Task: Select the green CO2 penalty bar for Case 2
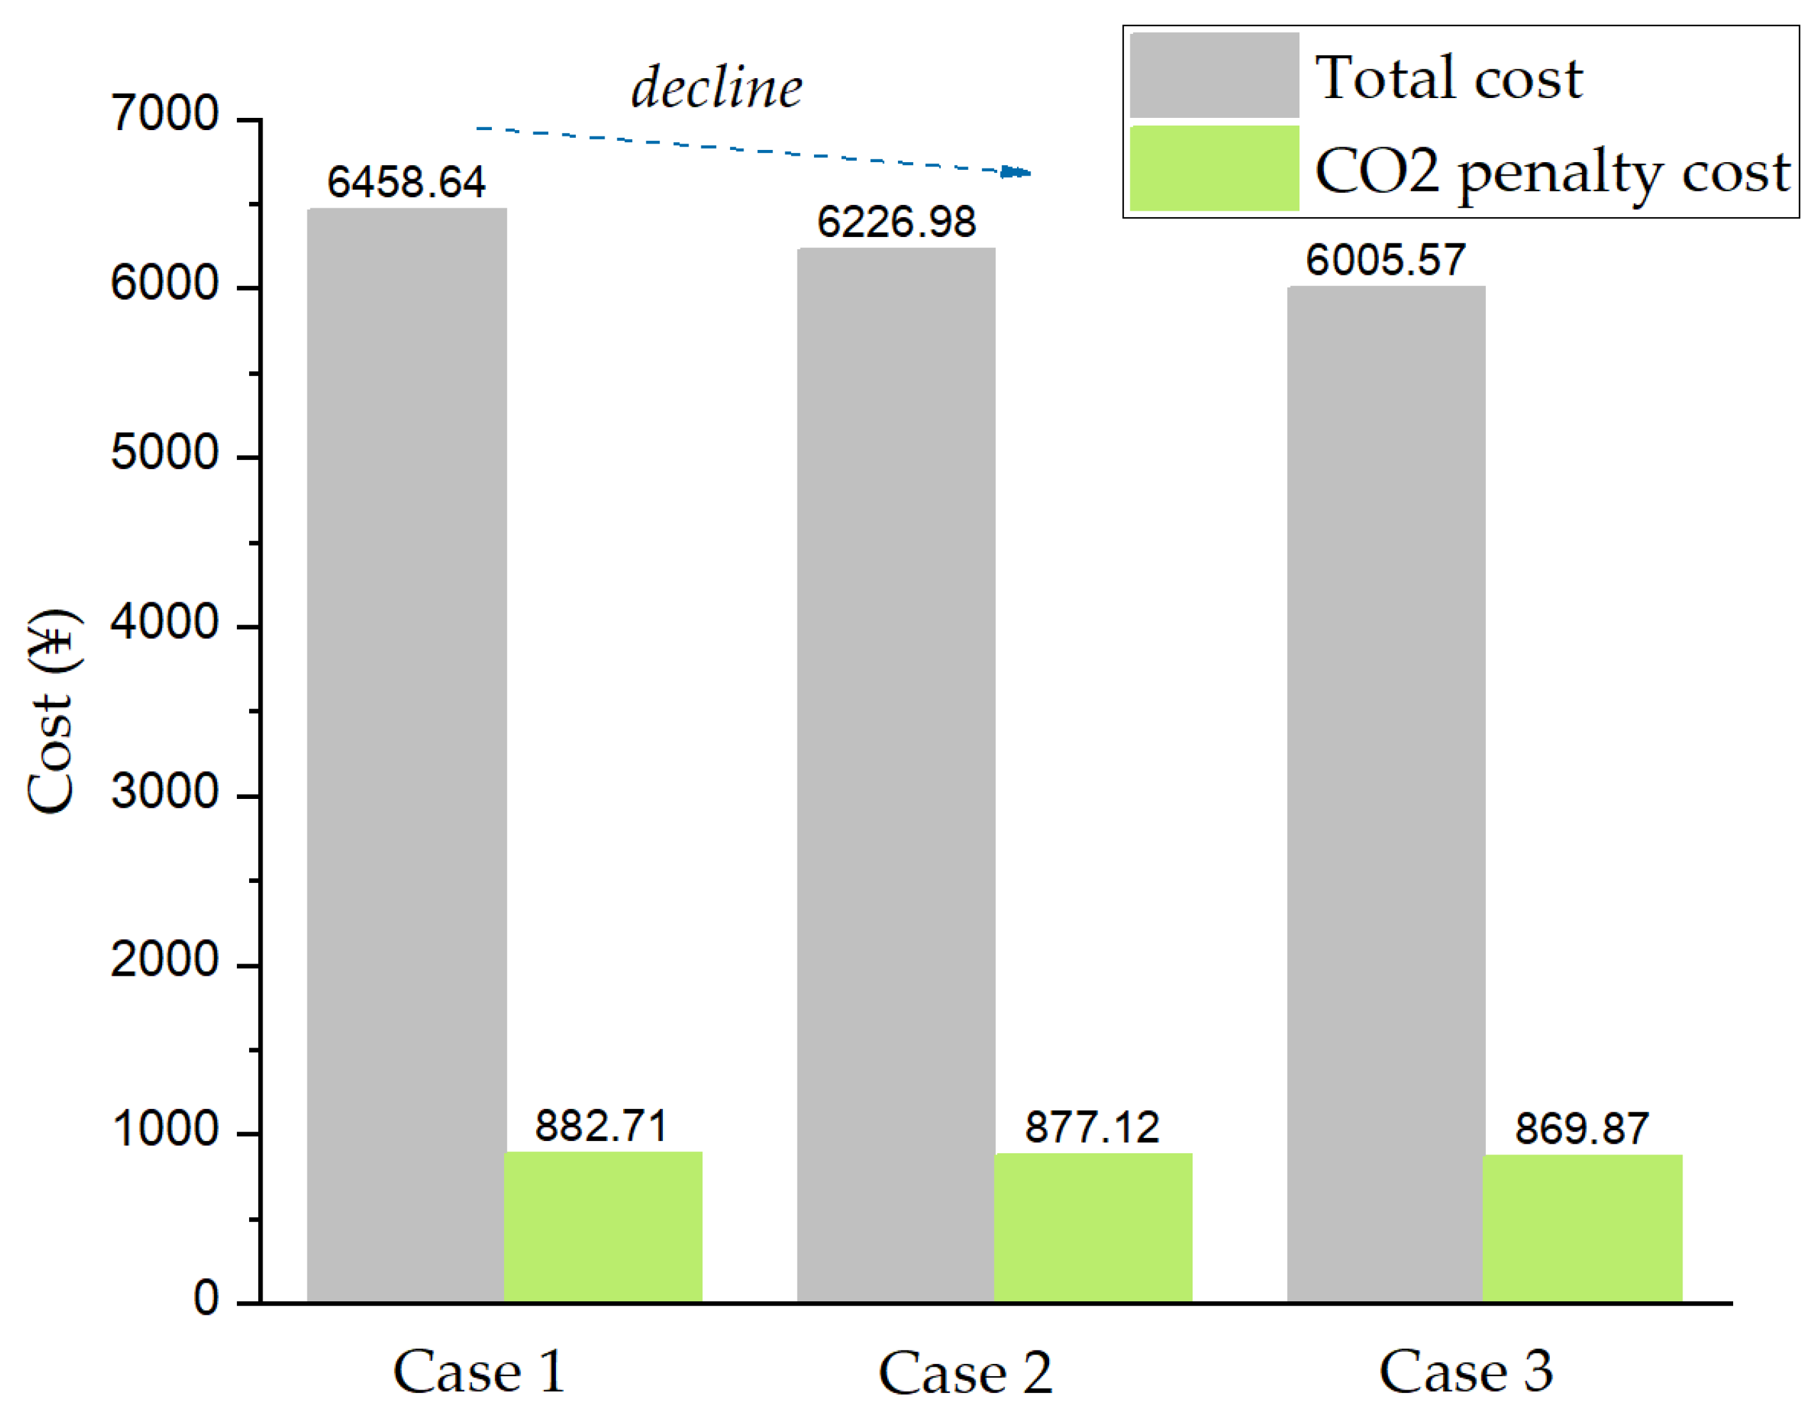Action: coord(1093,1227)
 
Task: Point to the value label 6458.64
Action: coord(406,182)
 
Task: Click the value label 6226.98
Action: coord(896,222)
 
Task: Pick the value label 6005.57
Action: coord(1385,261)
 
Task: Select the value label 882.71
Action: coord(601,1126)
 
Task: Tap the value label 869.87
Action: coord(1581,1128)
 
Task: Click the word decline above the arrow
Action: coord(716,87)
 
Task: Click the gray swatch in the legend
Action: coord(1214,75)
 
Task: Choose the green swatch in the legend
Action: coord(1214,168)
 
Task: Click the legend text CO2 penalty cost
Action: coord(1552,172)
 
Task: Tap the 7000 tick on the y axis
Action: coord(164,114)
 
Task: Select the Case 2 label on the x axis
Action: coord(965,1372)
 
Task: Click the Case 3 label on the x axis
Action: coord(1465,1370)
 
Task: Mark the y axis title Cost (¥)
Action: coord(52,712)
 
